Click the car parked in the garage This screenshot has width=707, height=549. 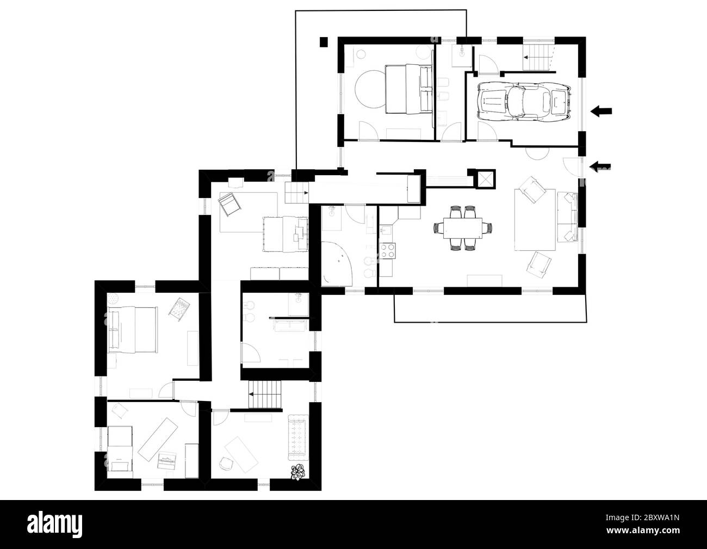(524, 101)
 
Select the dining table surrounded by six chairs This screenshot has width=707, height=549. (463, 228)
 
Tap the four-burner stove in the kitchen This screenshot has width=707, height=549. (388, 251)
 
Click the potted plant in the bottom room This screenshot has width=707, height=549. (297, 472)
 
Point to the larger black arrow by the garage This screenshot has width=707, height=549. (601, 112)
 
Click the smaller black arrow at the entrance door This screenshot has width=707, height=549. (600, 167)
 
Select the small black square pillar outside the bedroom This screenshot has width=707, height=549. (324, 42)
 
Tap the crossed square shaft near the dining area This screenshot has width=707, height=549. (485, 180)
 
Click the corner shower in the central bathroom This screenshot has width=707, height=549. (336, 264)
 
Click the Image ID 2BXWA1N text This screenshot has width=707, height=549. (642, 517)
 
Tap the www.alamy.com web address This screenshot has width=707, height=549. (643, 530)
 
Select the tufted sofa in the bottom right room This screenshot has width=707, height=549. (297, 437)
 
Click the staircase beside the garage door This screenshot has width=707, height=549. (538, 57)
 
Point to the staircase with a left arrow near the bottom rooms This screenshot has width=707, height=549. (264, 394)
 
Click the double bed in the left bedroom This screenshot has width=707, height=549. (132, 330)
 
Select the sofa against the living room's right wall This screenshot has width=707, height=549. (567, 217)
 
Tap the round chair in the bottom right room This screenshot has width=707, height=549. (225, 463)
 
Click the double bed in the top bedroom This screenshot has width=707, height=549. (408, 89)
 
